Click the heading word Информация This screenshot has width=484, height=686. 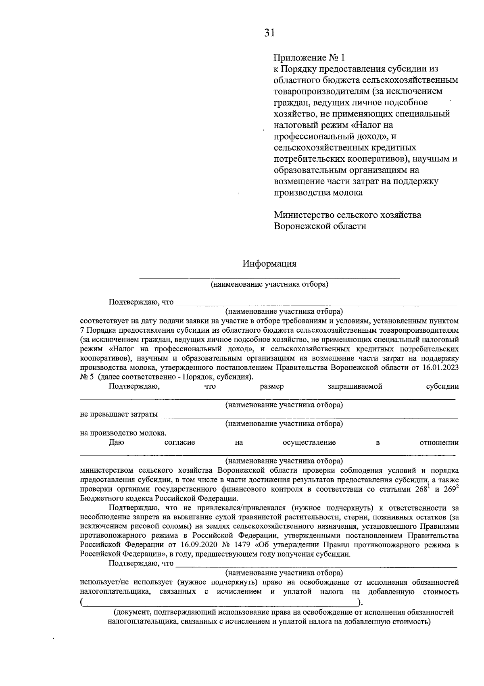point(269,264)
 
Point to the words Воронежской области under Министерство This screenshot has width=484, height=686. point(320,226)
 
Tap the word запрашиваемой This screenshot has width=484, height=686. point(355,386)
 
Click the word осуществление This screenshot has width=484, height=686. point(309,442)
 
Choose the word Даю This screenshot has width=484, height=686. point(116,442)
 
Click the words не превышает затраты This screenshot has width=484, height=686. point(119,415)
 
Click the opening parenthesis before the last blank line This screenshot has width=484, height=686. point(82,603)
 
